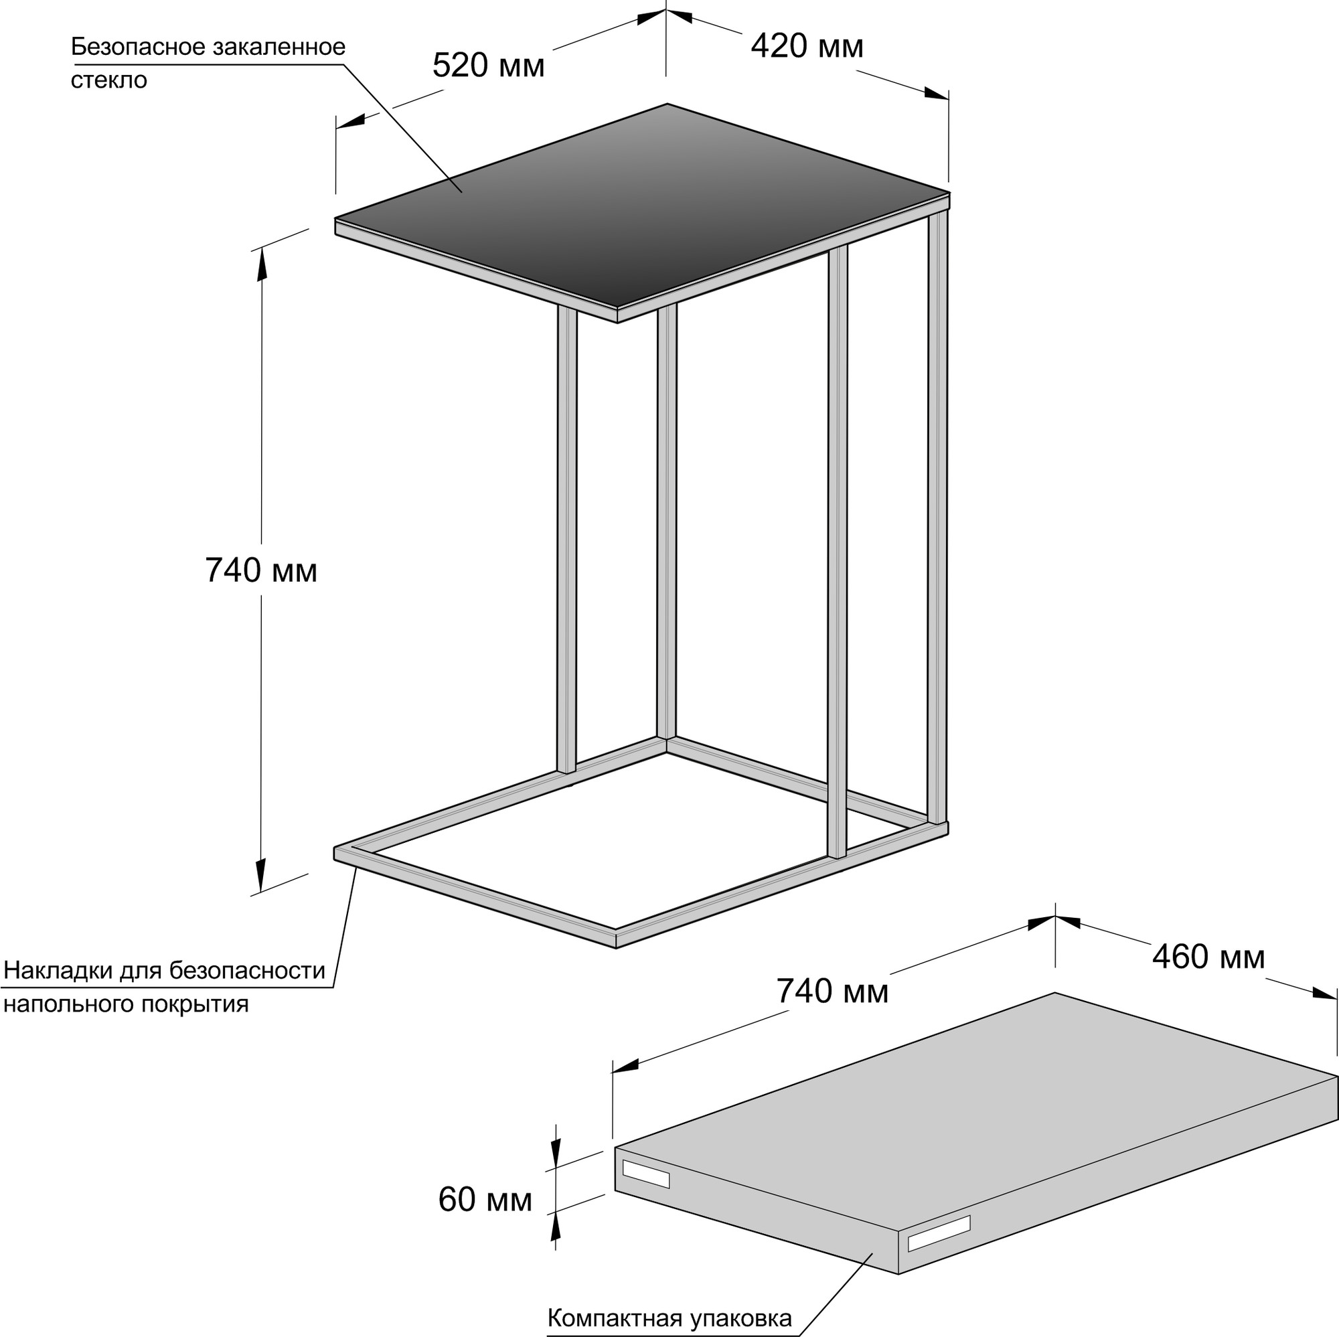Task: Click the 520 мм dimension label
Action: click(489, 66)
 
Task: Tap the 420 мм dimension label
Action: click(807, 46)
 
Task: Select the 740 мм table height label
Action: click(261, 571)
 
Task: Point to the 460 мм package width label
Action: click(1208, 957)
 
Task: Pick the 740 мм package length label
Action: click(832, 991)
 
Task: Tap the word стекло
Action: click(109, 80)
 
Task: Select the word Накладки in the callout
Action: click(58, 970)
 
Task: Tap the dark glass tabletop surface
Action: click(642, 204)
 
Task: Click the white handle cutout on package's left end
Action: click(646, 1174)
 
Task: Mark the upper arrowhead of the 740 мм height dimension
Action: click(262, 264)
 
